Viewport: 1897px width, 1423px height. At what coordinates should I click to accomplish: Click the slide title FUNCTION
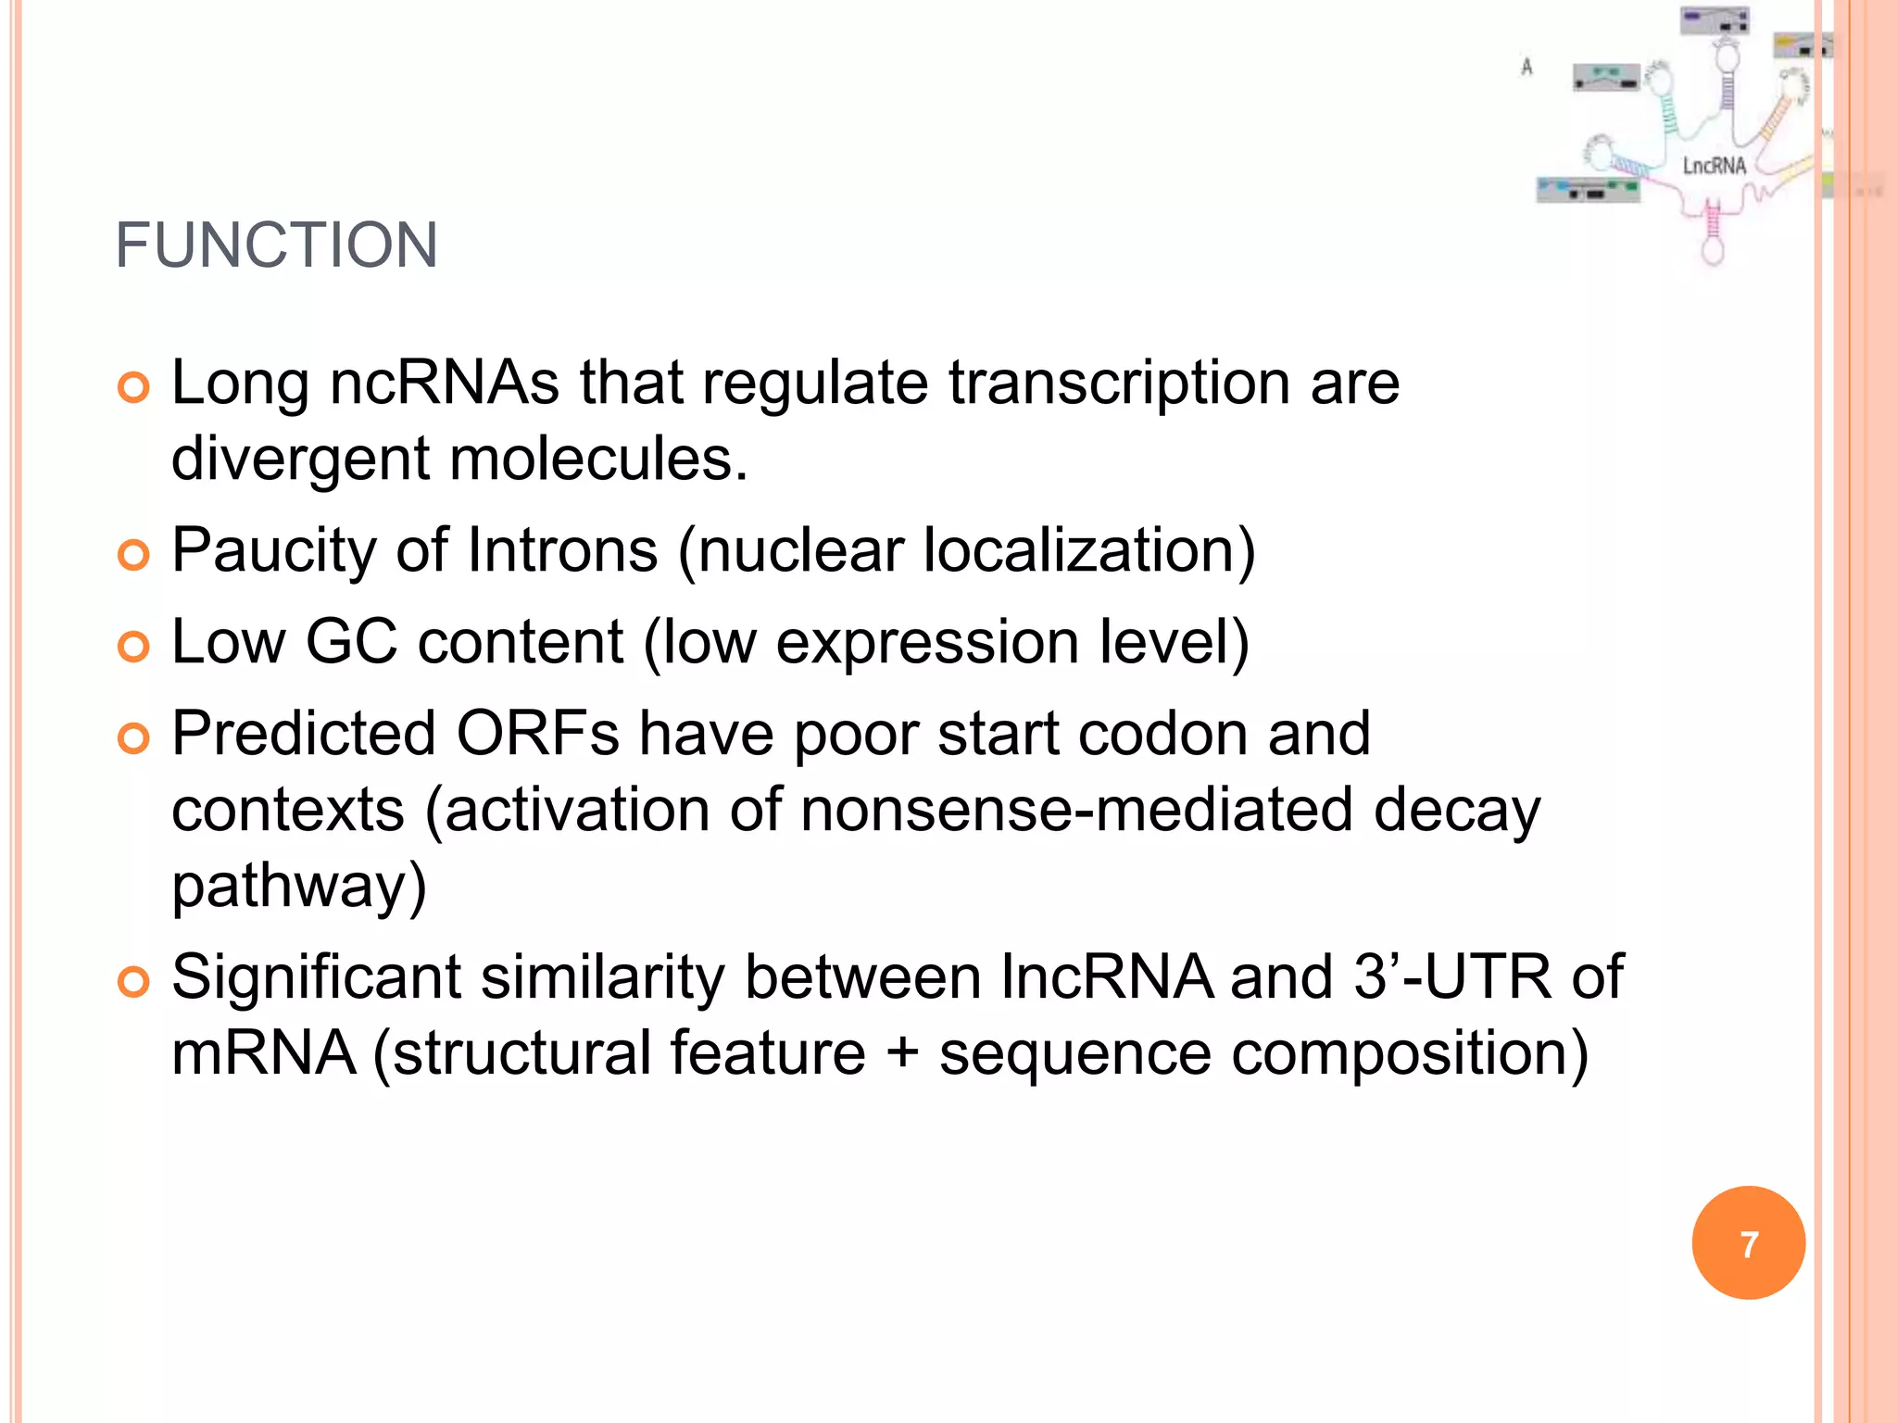coord(276,246)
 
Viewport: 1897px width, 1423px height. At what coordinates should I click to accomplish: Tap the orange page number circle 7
coord(1748,1243)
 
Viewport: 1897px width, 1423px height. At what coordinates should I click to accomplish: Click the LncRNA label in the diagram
coord(1714,166)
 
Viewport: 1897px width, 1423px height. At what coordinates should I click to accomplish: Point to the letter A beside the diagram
coord(1526,67)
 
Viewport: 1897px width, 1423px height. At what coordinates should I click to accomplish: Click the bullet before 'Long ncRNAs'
coord(134,387)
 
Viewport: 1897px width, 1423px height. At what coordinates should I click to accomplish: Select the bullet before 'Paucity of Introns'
coord(134,555)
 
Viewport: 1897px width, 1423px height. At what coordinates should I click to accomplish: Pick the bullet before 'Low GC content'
coord(134,647)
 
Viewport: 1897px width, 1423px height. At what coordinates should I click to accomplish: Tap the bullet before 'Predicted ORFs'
coord(134,738)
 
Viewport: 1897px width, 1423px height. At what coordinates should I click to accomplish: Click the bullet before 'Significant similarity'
coord(134,981)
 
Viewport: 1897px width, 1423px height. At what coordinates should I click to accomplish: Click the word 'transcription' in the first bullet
coord(1119,384)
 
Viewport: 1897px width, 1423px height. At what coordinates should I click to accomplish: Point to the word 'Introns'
coord(562,550)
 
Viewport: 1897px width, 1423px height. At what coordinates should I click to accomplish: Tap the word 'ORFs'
coord(537,734)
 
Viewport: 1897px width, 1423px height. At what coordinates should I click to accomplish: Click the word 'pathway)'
coord(299,888)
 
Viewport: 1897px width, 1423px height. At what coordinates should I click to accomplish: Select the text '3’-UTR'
coord(1452,977)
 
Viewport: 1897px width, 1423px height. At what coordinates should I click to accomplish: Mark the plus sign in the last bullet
coord(902,1054)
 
